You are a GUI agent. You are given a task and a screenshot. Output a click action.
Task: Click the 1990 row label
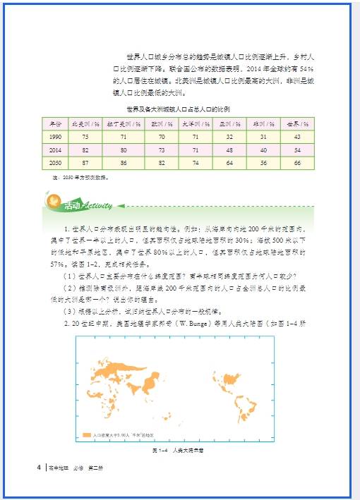click(x=56, y=137)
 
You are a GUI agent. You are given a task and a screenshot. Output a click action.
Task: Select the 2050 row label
click(x=56, y=163)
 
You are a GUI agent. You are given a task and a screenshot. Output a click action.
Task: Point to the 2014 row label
click(x=56, y=150)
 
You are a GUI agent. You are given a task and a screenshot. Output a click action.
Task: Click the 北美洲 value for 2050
click(x=85, y=163)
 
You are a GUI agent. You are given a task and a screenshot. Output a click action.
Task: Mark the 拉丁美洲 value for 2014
click(x=124, y=150)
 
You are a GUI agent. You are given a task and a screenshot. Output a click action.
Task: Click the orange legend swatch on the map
click(x=86, y=435)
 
